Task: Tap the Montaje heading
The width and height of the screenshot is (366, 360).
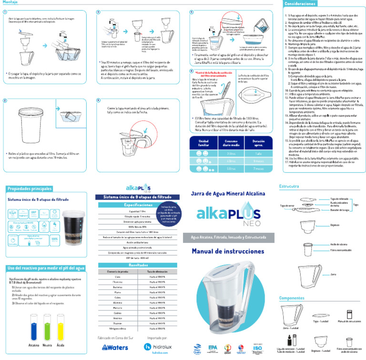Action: [x=11, y=2]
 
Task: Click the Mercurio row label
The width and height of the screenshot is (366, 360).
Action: [x=118, y=308]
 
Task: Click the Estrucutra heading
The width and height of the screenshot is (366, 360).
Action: [x=289, y=186]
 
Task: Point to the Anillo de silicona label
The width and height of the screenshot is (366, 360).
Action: [x=338, y=243]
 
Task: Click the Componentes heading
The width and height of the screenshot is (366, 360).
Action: [x=292, y=298]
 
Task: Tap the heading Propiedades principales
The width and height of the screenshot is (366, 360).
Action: [x=30, y=189]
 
